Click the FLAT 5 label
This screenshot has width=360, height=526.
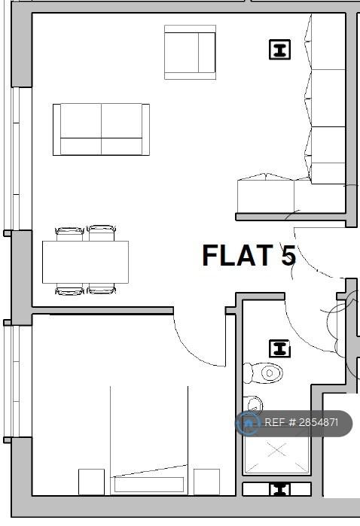pos(249,255)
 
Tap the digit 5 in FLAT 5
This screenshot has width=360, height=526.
pos(288,255)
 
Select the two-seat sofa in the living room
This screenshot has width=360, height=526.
pos(101,129)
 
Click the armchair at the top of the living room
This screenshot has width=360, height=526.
pos(190,53)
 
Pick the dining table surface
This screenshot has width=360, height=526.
pos(85,262)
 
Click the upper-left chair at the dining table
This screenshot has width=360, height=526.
pos(69,233)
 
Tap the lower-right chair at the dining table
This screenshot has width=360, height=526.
pos(102,289)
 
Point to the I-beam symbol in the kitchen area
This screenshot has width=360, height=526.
pos(279,50)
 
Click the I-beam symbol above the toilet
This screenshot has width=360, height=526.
pos(279,348)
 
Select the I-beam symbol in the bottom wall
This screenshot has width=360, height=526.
pos(279,489)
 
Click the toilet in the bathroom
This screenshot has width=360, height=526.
pos(263,372)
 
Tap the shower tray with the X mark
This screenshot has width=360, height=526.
pos(276,455)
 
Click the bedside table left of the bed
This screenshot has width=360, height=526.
pos(91,482)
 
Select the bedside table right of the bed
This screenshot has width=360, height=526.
pos(207,482)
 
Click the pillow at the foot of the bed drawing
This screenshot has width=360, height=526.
pos(149,485)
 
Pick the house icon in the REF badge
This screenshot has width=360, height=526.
pos(249,423)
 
